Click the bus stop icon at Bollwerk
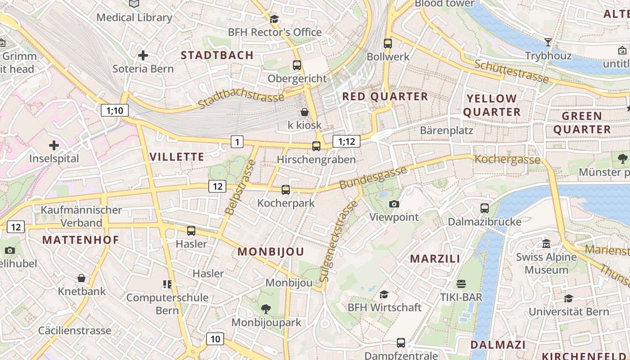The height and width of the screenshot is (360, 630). point(388,44)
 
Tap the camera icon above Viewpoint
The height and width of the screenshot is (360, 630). point(394,204)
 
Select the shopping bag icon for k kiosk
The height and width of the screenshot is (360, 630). point(305,112)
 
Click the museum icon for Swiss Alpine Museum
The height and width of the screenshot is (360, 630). point(546,244)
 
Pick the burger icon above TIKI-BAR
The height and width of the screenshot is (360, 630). point(461,284)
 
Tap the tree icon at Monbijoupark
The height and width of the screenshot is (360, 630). point(266,309)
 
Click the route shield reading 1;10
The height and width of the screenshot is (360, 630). point(115,110)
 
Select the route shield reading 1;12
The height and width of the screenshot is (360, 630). point(346,142)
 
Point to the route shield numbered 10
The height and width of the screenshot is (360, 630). point(215,339)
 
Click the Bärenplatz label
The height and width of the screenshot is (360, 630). point(446,130)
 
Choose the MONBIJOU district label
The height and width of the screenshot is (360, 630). point(271,252)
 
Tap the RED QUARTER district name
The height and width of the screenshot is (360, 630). point(385,96)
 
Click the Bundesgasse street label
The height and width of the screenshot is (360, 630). point(373,178)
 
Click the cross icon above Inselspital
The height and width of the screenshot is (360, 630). point(54,145)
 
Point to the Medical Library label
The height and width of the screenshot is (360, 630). point(134,18)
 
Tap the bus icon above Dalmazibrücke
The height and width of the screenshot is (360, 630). point(485,208)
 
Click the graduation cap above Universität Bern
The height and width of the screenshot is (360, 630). point(568,298)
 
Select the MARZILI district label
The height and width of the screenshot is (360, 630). point(435,259)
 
